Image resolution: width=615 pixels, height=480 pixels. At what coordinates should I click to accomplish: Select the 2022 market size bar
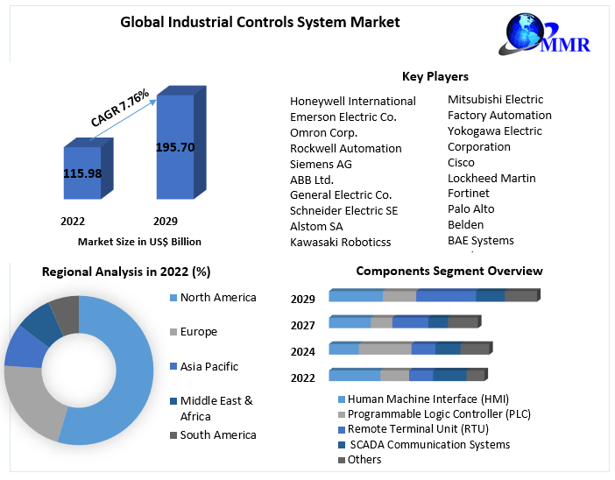pos(81,188)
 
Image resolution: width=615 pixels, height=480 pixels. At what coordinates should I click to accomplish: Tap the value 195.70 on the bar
pos(174,147)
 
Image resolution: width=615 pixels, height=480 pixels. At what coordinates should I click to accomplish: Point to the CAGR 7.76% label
pos(120,109)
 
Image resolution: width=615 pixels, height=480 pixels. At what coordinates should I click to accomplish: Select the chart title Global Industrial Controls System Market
pos(259,22)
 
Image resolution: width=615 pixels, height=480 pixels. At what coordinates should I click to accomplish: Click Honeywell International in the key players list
pos(352,101)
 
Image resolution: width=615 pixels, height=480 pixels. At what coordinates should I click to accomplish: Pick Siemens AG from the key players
pos(321,164)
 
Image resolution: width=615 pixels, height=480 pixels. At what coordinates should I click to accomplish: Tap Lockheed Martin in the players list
pos(491,178)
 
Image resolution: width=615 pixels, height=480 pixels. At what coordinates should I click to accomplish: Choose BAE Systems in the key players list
pos(480,240)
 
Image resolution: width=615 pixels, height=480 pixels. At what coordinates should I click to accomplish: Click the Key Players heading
pos(435,76)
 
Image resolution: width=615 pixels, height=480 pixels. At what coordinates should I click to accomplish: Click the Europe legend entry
pos(198,332)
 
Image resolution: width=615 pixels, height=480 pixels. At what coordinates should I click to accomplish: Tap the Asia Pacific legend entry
pos(209,366)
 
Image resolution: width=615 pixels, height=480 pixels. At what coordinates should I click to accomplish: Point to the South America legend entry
pos(217,434)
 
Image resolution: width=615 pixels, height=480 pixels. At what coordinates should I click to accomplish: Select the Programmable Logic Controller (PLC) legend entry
pos(439,414)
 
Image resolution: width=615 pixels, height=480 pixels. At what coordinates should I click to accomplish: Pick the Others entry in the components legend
pos(364,459)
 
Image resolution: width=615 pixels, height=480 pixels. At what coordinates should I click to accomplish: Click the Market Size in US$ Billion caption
pos(139,241)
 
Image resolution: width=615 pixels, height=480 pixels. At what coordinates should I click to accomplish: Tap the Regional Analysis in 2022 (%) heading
pos(126,272)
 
